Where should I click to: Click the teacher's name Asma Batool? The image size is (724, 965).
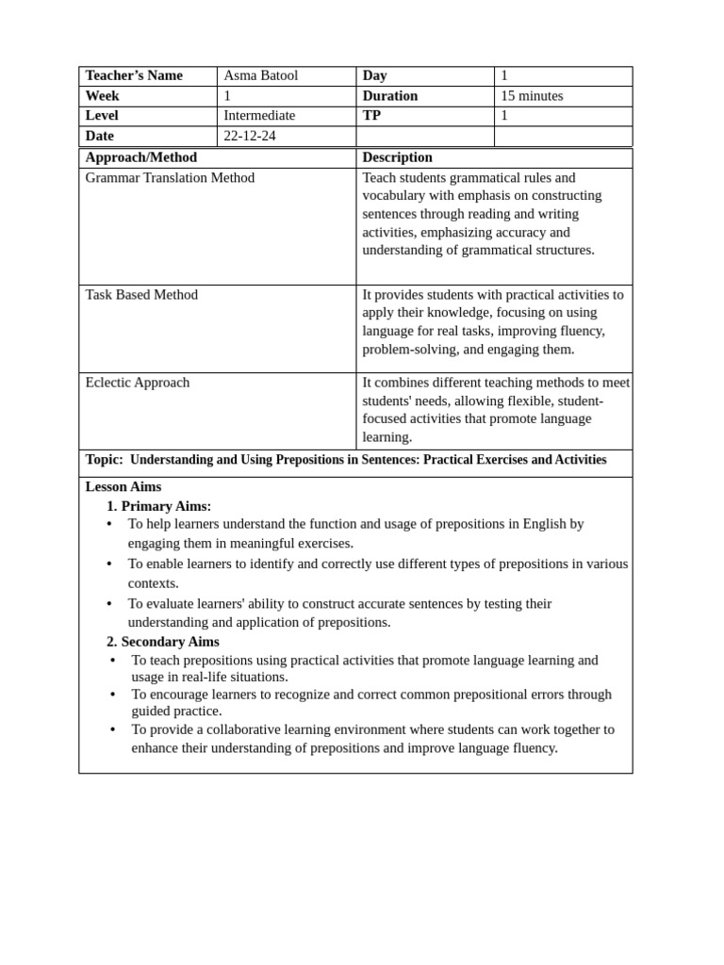[x=260, y=75]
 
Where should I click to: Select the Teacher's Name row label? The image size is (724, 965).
[x=134, y=75]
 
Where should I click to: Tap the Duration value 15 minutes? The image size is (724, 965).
[x=532, y=96]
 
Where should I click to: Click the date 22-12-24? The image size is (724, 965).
[x=250, y=136]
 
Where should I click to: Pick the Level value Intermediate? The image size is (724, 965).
[x=259, y=115]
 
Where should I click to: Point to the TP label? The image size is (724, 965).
[x=371, y=115]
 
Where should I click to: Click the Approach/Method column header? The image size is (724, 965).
[x=141, y=157]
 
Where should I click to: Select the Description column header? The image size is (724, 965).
[x=397, y=157]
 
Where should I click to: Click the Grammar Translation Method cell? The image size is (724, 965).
[x=170, y=177]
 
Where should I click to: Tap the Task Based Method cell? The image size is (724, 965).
[x=141, y=294]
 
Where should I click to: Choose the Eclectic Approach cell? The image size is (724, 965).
[x=138, y=382]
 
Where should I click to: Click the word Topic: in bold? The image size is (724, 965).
[x=105, y=460]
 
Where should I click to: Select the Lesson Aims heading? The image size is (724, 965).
[x=123, y=486]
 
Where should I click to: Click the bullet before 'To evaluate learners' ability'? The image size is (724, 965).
[x=109, y=603]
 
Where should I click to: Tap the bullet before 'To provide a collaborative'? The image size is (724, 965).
[x=113, y=729]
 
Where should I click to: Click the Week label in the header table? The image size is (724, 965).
[x=102, y=96]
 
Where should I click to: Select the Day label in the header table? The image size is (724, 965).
[x=374, y=75]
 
